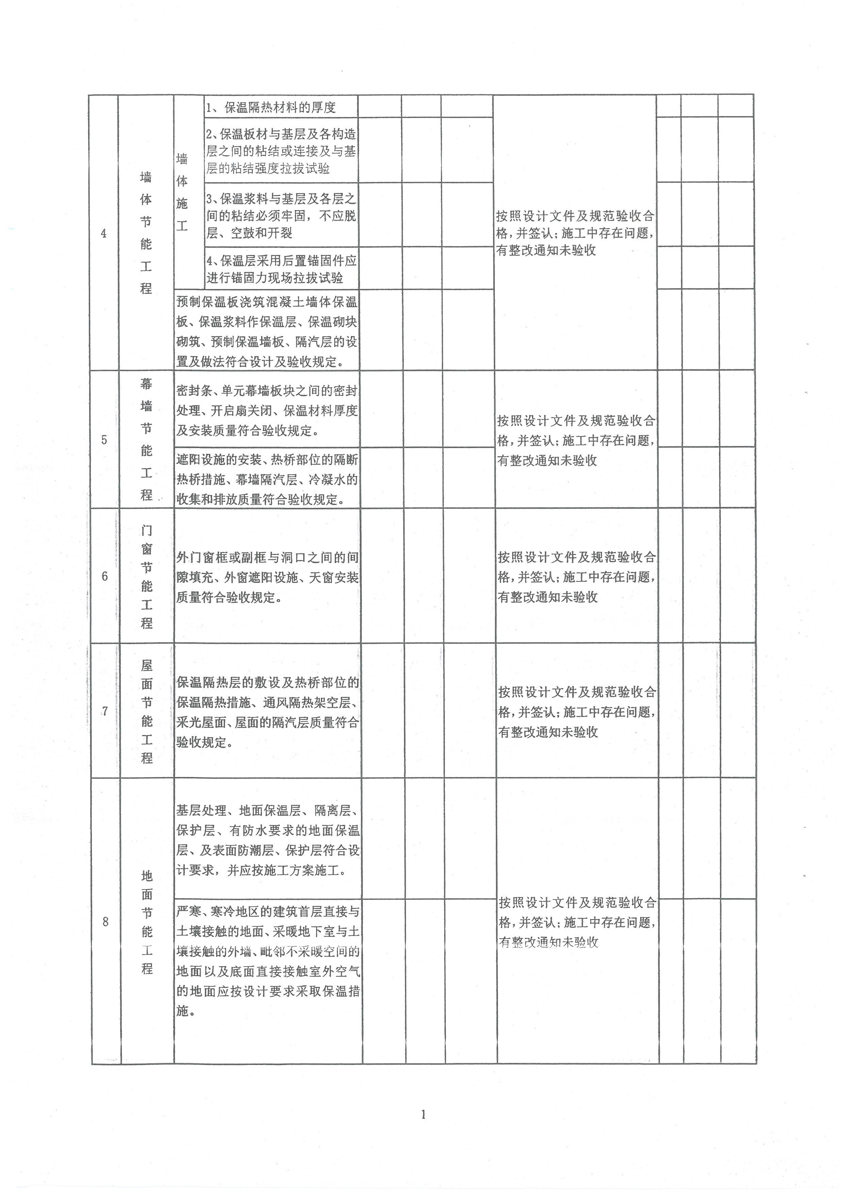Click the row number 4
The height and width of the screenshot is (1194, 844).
pos(104,234)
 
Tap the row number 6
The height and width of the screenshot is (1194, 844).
pos(105,576)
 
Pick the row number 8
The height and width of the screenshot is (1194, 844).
pos(105,922)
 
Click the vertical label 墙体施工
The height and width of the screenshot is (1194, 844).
pos(182,192)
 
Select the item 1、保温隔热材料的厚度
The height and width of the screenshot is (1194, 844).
pos(271,108)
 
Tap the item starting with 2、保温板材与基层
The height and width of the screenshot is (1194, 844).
pos(281,151)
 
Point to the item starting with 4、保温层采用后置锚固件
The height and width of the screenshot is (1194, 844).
pos(281,269)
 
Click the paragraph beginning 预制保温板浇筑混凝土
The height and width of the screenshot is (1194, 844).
pos(266,332)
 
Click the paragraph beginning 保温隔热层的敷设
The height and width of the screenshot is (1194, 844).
pos(267,713)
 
